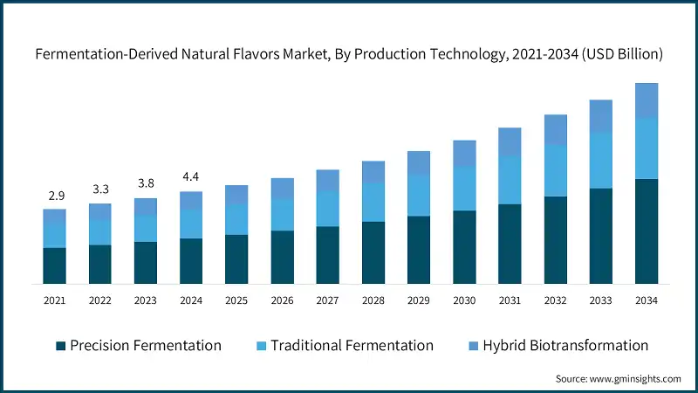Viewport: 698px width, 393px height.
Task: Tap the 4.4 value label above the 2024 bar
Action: tap(191, 177)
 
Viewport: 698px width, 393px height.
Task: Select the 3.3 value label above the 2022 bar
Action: tap(99, 189)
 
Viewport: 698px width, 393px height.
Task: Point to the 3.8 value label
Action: tap(145, 183)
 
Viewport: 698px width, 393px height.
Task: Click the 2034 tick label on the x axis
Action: tap(646, 300)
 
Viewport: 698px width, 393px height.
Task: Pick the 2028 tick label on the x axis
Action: tap(373, 300)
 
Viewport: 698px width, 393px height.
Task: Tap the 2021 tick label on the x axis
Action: tap(54, 300)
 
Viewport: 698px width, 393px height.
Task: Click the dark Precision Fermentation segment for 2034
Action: tap(646, 231)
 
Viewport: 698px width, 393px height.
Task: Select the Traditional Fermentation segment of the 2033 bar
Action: tap(600, 160)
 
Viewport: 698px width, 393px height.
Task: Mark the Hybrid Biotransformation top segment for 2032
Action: tap(555, 129)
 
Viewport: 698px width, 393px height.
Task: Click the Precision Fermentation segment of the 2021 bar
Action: tap(54, 265)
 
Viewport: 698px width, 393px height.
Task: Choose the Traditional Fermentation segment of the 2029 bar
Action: tap(419, 194)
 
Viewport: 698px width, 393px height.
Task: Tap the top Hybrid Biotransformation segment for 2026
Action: tap(282, 188)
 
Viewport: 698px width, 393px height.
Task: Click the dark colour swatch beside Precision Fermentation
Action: tap(60, 346)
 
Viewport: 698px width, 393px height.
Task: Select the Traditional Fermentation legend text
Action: tap(352, 346)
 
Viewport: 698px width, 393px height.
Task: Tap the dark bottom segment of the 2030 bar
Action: tap(464, 247)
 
